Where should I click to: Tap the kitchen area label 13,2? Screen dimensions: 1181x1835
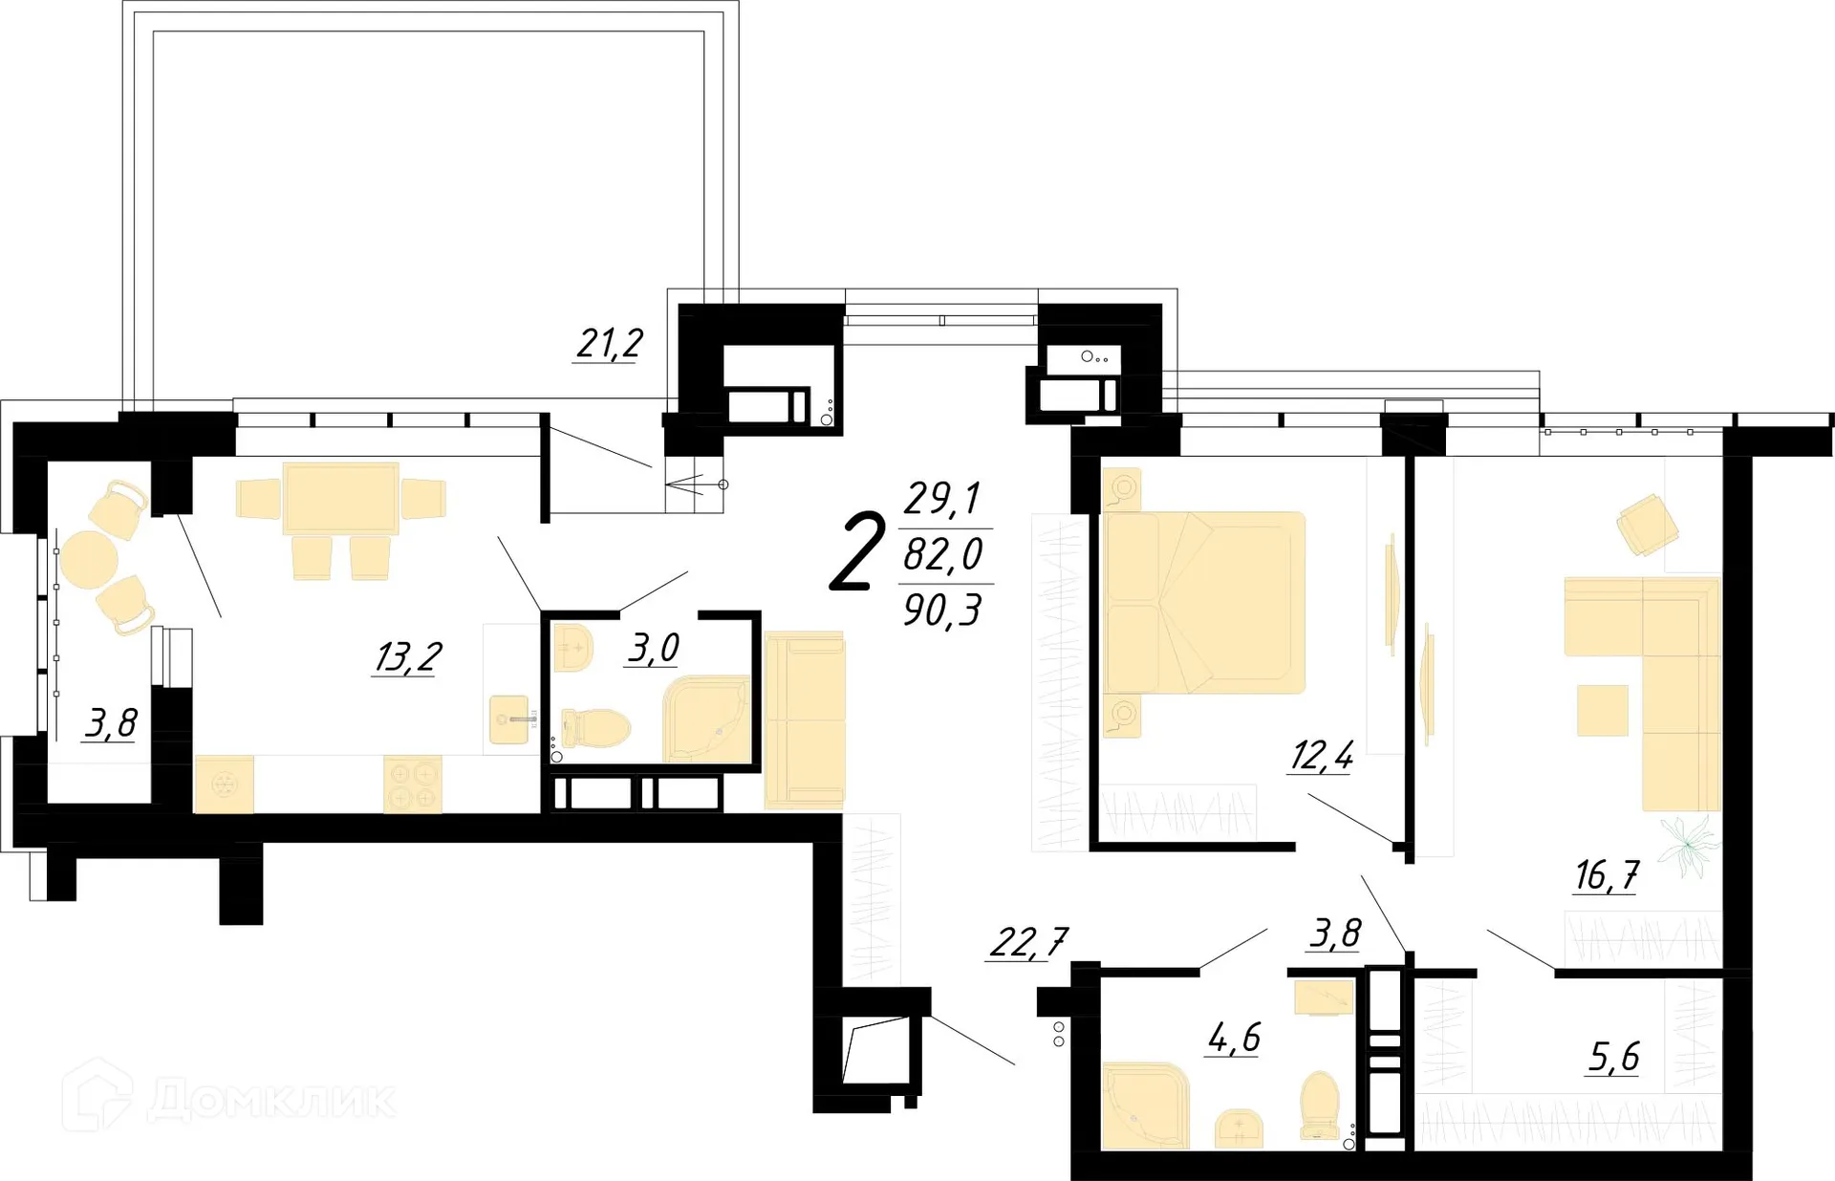point(407,657)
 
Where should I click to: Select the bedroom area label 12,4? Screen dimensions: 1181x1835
point(1321,756)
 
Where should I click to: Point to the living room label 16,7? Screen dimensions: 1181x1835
point(1606,874)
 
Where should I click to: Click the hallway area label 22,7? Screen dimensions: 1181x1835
point(1027,942)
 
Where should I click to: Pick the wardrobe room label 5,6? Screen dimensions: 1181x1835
point(1613,1057)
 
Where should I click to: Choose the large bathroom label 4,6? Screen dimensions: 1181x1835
point(1234,1037)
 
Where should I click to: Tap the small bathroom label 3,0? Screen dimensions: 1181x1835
point(654,648)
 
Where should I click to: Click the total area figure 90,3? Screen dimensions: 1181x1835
point(942,610)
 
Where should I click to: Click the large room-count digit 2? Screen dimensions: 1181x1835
point(856,552)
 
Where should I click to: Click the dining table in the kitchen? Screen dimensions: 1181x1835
point(340,497)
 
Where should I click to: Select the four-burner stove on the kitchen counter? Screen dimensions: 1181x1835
point(413,784)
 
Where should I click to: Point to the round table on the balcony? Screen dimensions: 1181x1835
point(88,559)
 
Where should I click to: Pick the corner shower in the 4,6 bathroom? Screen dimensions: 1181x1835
point(1144,1106)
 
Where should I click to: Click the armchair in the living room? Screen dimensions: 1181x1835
point(1647,525)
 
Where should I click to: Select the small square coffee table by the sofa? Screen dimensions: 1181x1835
point(1602,710)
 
